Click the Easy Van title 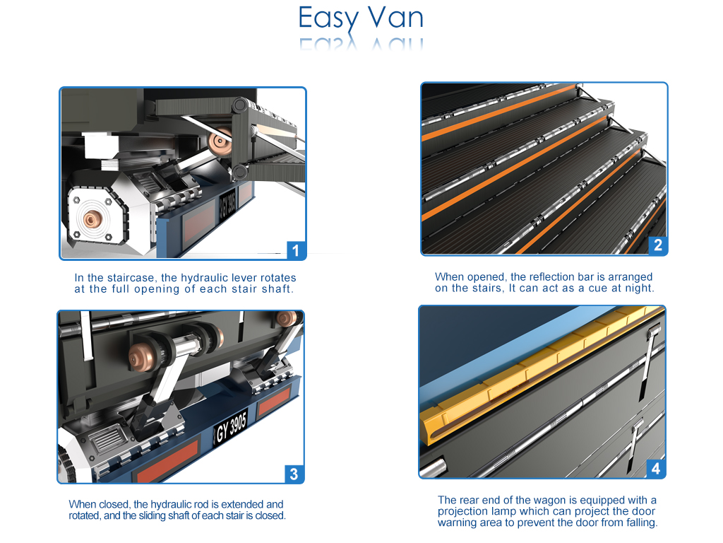(361, 18)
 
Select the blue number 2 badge (657, 245)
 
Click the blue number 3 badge (294, 474)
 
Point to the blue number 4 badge (656, 469)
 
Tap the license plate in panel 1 (227, 205)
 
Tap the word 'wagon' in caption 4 (530, 501)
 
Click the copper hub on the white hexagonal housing (92, 218)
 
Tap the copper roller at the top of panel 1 (220, 141)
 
